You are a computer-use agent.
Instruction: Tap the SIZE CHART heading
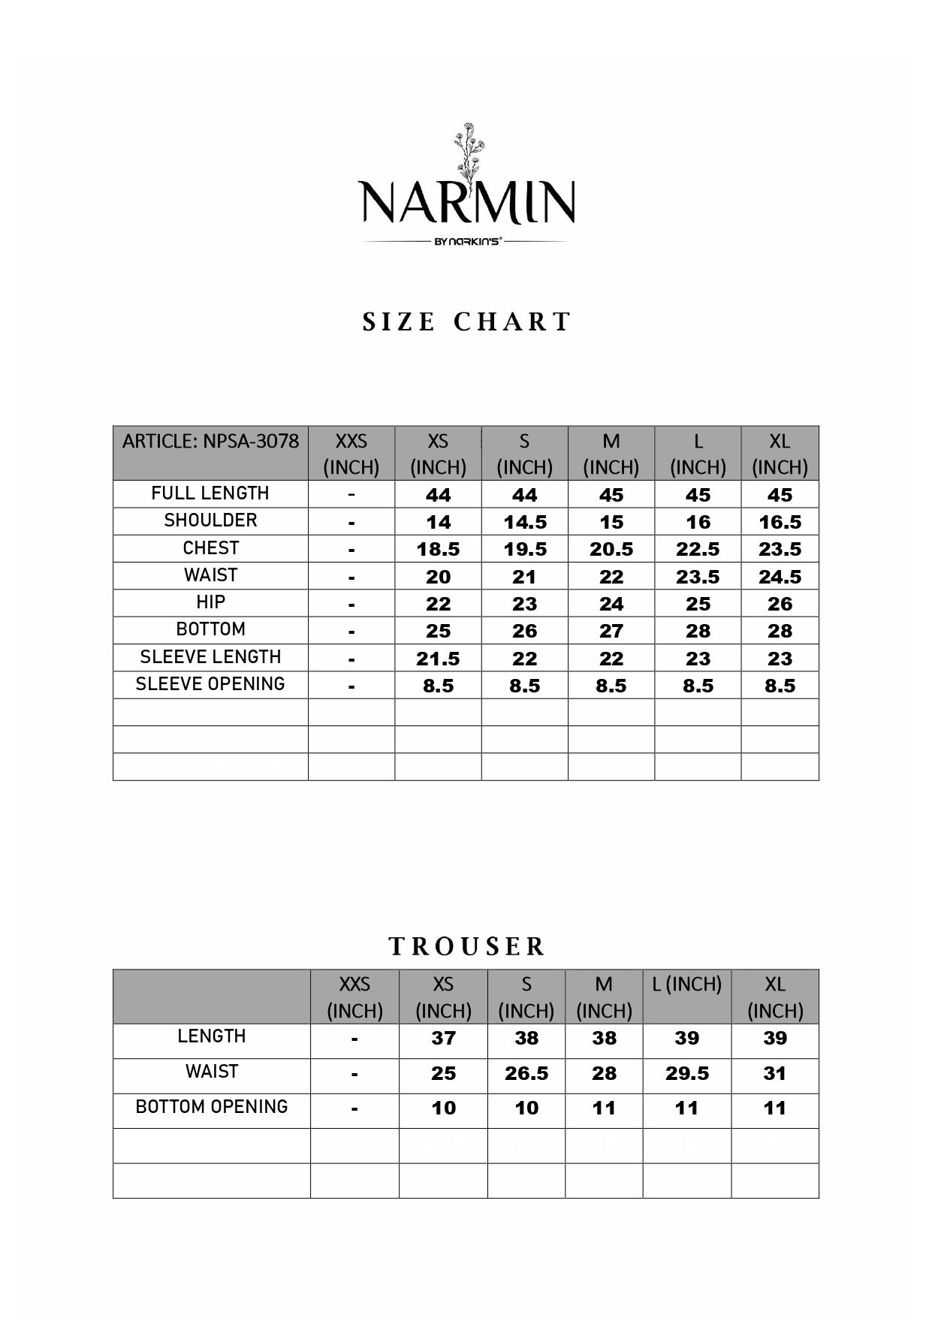466,322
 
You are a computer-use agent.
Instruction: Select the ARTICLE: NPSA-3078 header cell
210,441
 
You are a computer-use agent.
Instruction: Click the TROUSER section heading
466,946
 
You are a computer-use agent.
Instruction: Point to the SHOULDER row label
210,520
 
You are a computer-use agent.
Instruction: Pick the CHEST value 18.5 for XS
438,549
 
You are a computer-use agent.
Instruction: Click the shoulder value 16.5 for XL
780,522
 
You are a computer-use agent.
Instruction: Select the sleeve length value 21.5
438,659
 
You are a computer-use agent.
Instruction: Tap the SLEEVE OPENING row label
210,684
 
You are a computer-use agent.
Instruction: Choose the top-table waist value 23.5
698,577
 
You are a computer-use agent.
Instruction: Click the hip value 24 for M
611,604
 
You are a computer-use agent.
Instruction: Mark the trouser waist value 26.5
526,1073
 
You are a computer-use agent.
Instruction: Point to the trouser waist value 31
774,1073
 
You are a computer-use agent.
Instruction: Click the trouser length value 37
443,1038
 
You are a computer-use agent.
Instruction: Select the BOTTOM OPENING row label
212,1107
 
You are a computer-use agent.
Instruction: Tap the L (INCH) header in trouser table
686,985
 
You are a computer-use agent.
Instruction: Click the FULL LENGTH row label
210,493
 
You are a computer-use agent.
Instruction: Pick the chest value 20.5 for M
611,549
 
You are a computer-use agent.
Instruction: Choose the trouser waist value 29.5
686,1073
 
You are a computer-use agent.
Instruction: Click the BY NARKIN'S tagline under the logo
466,242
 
